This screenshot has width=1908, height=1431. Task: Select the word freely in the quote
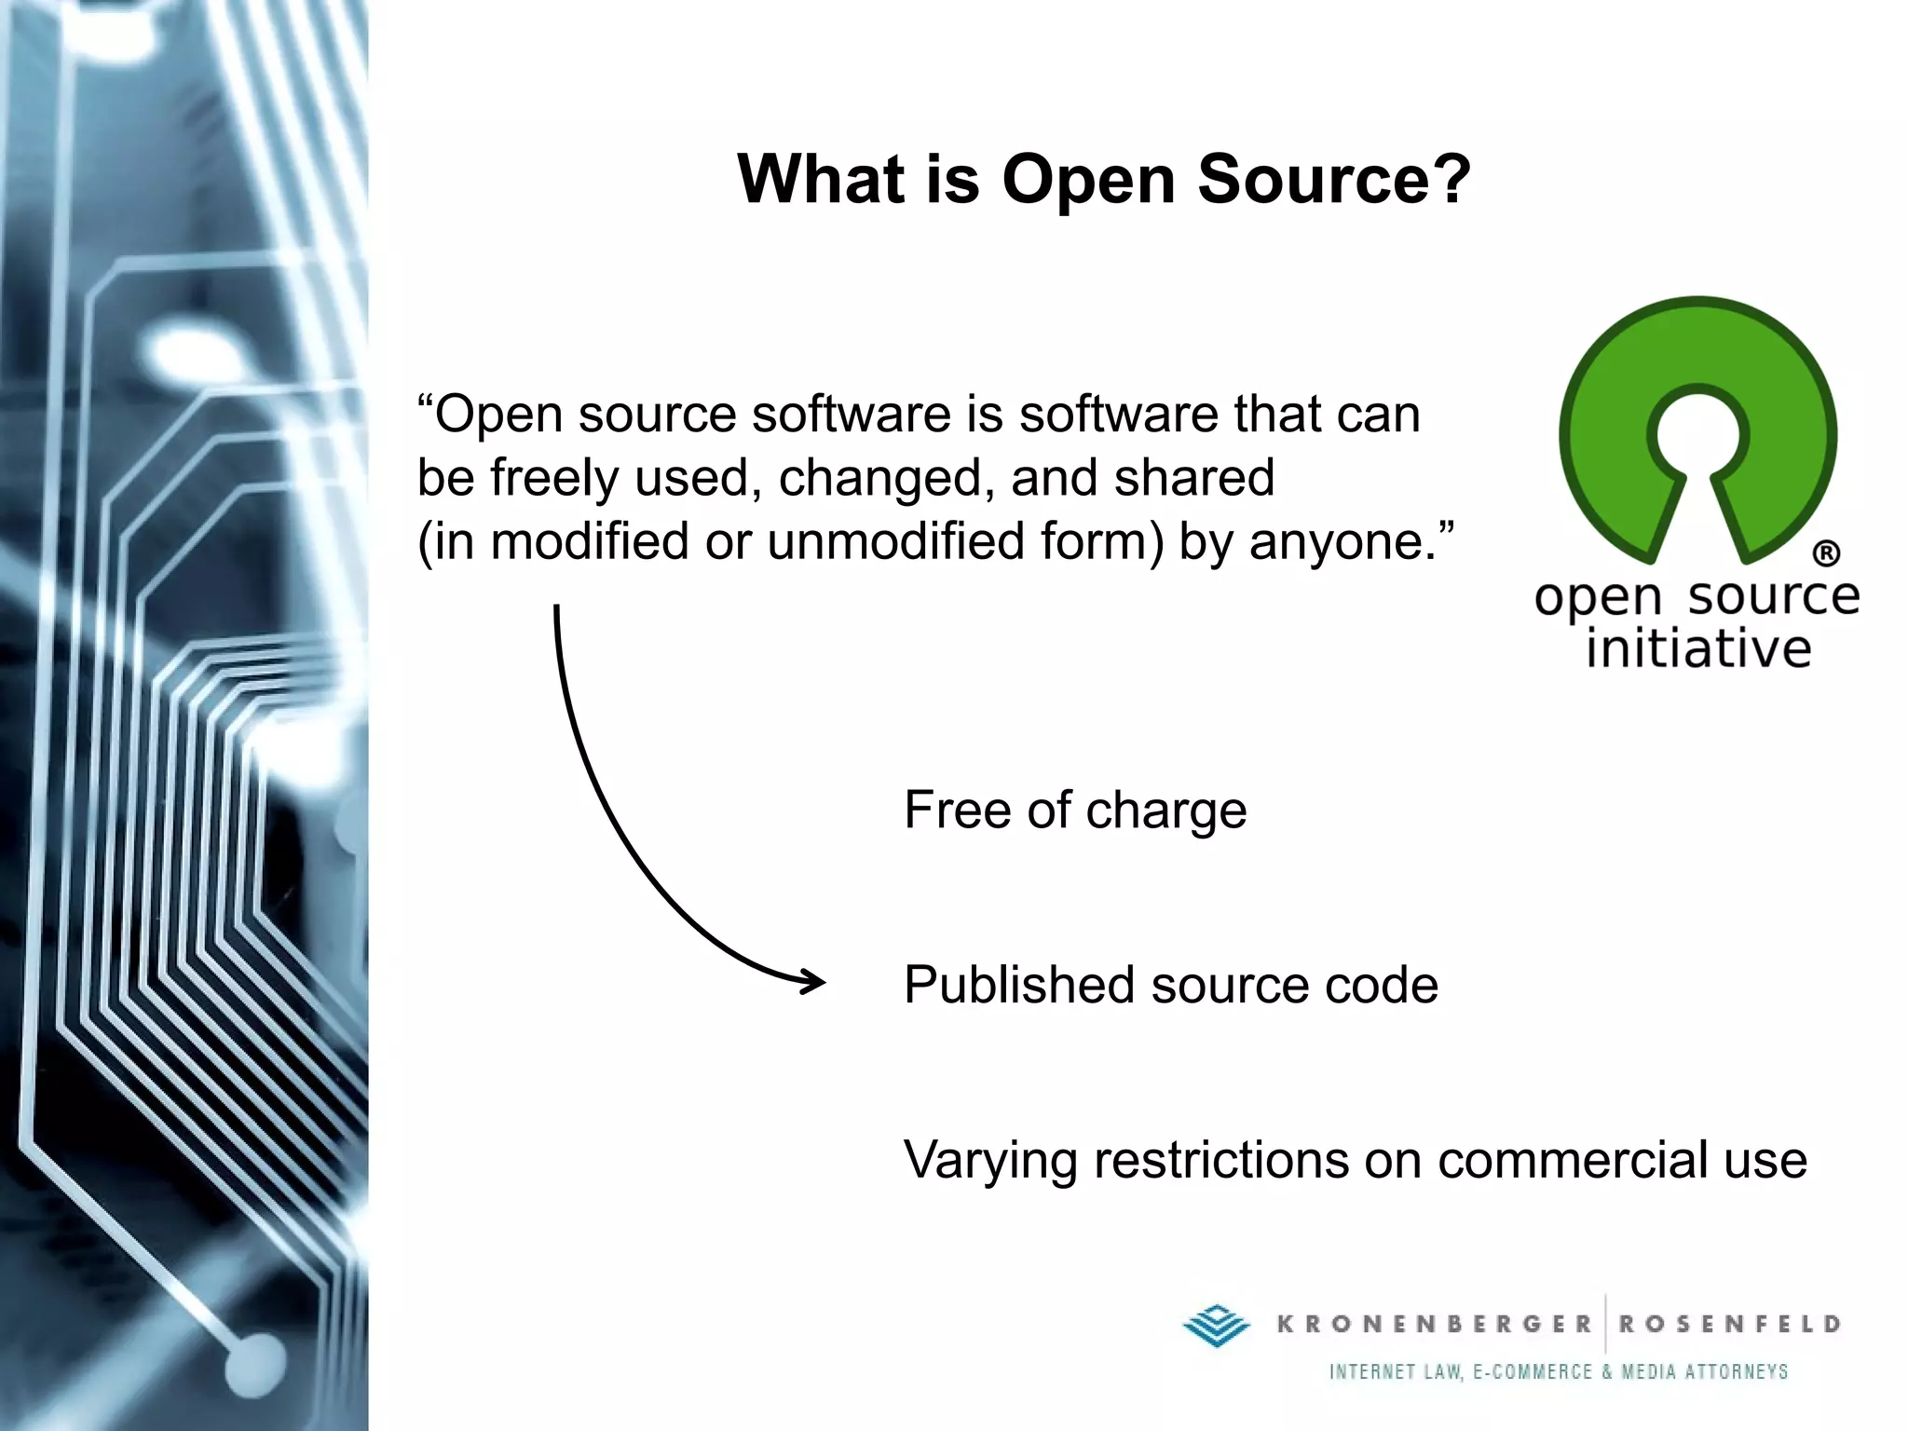[x=554, y=479]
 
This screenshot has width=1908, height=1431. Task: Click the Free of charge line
[x=1074, y=810]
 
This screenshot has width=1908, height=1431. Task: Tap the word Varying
[x=989, y=1162]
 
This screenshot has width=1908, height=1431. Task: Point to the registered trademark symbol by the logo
[x=1826, y=553]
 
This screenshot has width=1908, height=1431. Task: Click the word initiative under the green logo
[x=1697, y=649]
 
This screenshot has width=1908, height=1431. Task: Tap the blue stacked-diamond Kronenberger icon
[x=1217, y=1324]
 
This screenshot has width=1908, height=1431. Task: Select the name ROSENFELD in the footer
[x=1729, y=1324]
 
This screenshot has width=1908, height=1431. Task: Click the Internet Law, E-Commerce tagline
[x=1558, y=1372]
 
